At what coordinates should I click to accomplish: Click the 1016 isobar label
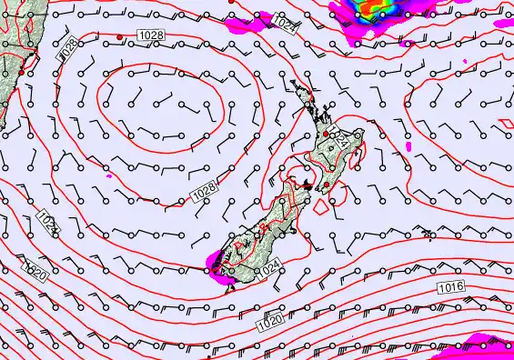450,287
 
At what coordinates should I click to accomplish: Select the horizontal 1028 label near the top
153,35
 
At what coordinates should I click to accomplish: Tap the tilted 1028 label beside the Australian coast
67,51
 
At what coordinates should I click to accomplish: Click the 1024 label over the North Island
338,139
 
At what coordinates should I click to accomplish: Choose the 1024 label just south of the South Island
267,270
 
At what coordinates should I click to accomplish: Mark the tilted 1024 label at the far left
46,221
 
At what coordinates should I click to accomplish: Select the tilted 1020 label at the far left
34,269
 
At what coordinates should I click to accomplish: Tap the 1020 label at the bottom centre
270,319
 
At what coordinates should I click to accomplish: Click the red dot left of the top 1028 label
120,36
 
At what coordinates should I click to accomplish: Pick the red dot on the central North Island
327,134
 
